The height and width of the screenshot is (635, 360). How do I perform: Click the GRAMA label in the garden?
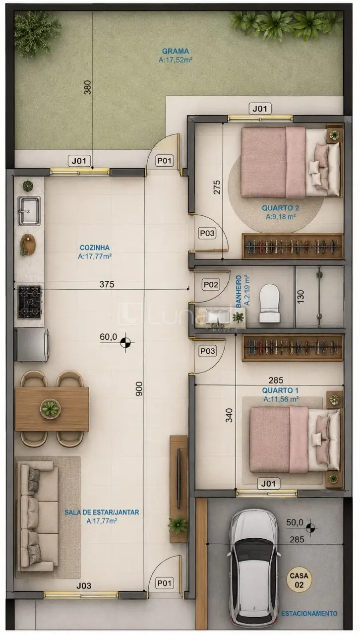[x=176, y=51]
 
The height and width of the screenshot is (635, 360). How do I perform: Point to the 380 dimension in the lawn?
[x=88, y=87]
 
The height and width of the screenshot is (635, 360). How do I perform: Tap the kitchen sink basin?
[x=29, y=210]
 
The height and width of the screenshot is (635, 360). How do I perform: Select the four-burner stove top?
[x=29, y=302]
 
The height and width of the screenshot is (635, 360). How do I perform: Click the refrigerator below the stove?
[x=32, y=344]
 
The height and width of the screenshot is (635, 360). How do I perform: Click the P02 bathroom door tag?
[x=211, y=284]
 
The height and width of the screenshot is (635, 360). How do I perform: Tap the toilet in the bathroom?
[x=269, y=304]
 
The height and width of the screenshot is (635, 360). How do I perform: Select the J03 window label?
[x=84, y=585]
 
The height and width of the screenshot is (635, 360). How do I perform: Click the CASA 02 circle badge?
[x=299, y=580]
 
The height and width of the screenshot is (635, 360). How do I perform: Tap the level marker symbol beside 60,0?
[x=125, y=342]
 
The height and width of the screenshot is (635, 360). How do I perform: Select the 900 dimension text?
[x=139, y=388]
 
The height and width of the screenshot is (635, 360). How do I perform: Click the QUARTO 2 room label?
[x=280, y=208]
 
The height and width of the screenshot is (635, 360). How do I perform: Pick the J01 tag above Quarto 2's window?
[x=260, y=109]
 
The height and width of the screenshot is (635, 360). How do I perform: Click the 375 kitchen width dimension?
[x=107, y=284]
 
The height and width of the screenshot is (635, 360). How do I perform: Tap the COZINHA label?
[x=95, y=248]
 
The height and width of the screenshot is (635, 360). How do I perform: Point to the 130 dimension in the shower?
[x=300, y=297]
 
